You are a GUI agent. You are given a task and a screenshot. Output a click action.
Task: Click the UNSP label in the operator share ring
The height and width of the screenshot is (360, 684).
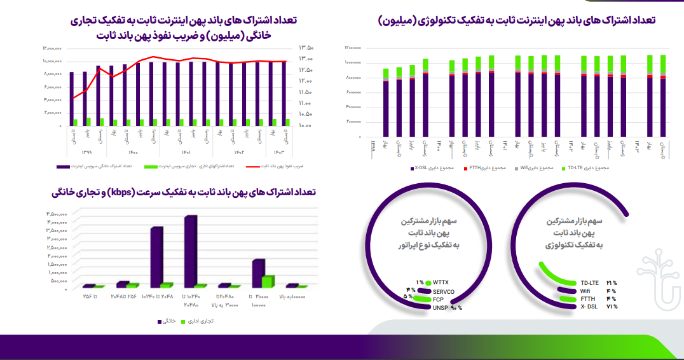441,307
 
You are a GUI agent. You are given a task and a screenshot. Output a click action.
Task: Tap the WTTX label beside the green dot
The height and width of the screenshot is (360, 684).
441,282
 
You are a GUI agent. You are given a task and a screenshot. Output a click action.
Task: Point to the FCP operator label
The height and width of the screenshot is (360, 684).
438,299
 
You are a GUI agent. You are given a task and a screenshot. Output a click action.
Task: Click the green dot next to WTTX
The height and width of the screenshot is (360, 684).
428,282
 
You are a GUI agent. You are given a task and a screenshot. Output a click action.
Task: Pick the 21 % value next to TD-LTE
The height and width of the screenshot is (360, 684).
612,282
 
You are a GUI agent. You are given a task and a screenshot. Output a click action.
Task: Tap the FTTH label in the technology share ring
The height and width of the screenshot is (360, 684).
588,298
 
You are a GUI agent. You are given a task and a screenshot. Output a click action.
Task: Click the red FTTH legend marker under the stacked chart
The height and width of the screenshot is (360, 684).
465,169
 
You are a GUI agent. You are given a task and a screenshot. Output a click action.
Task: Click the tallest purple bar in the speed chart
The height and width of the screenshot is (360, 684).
189,251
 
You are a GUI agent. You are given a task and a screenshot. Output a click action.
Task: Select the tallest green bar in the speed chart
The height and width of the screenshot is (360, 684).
268,282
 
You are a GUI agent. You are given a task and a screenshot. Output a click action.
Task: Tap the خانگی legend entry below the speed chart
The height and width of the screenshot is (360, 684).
168,322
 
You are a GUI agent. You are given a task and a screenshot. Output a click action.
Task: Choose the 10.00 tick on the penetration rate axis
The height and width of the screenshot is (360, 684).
306,126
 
